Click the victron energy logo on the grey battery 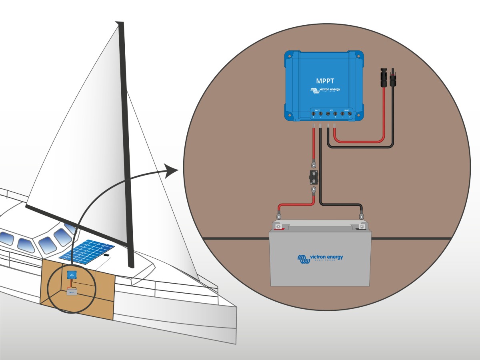point(320,258)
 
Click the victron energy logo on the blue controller point(325,90)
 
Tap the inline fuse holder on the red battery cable point(314,177)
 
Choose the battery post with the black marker point(362,227)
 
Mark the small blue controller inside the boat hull point(72,274)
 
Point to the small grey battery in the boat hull point(72,293)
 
